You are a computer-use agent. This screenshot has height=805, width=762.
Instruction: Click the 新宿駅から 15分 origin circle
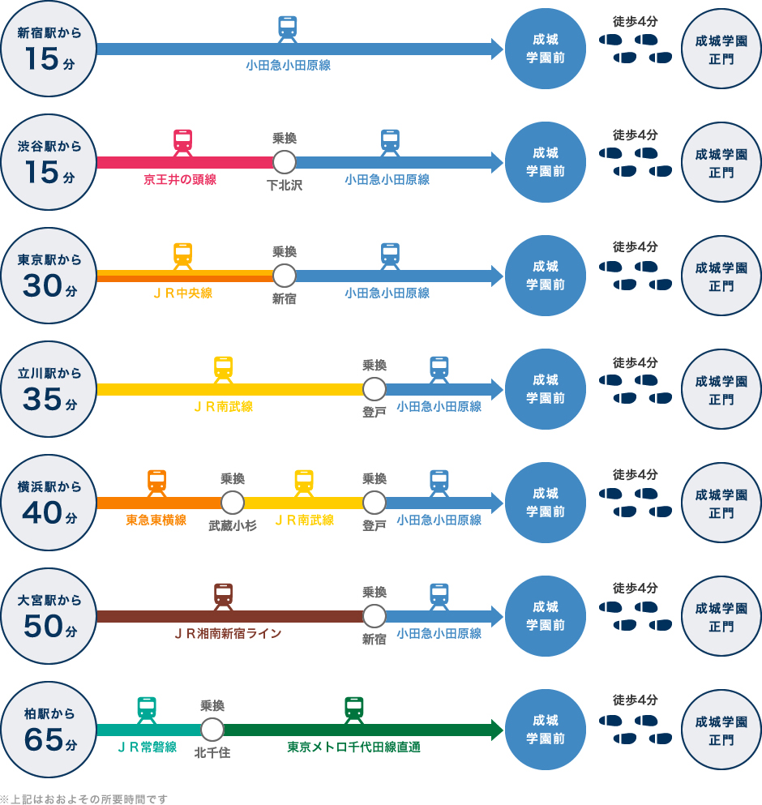pyautogui.click(x=49, y=49)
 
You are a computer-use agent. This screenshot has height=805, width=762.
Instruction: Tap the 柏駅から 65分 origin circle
pyautogui.click(x=49, y=730)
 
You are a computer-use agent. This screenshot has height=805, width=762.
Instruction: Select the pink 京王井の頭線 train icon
pyautogui.click(x=183, y=142)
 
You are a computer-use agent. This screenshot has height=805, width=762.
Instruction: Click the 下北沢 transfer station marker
pyautogui.click(x=285, y=162)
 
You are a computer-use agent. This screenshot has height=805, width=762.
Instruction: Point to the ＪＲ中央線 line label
pyautogui.click(x=183, y=293)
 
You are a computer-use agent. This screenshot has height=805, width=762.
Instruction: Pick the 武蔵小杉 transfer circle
pyautogui.click(x=233, y=503)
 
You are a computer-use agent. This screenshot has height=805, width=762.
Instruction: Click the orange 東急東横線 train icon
pyautogui.click(x=157, y=482)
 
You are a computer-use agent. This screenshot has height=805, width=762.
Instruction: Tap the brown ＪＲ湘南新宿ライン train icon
pyautogui.click(x=224, y=596)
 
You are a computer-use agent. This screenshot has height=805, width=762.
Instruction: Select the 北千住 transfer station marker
pyautogui.click(x=212, y=730)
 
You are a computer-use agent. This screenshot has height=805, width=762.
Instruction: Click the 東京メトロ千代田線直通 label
pyautogui.click(x=353, y=747)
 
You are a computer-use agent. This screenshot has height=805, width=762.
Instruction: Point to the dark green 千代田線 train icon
pyautogui.click(x=354, y=709)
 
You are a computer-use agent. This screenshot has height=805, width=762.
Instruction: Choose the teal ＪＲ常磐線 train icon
pyautogui.click(x=147, y=709)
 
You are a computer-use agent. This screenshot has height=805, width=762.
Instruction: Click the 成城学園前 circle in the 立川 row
pyautogui.click(x=546, y=389)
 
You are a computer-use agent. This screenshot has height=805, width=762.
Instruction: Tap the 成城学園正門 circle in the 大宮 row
pyautogui.click(x=721, y=616)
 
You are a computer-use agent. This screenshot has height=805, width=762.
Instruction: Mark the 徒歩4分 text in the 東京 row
pyautogui.click(x=636, y=247)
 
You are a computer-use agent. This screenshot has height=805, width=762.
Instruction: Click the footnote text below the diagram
pyautogui.click(x=84, y=799)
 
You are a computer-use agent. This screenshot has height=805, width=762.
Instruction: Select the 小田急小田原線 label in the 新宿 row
pyautogui.click(x=289, y=66)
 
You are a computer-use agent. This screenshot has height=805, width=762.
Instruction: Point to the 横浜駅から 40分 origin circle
pyautogui.click(x=49, y=503)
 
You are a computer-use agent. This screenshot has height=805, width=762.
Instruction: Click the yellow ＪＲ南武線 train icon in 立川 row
pyautogui.click(x=224, y=369)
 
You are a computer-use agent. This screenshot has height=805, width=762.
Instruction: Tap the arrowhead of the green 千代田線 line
pyautogui.click(x=497, y=730)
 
